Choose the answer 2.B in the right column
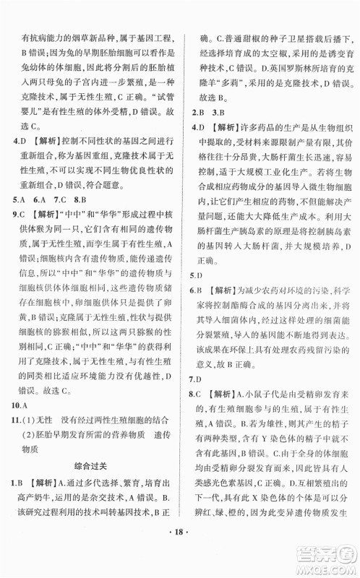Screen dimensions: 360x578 point(196,113)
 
